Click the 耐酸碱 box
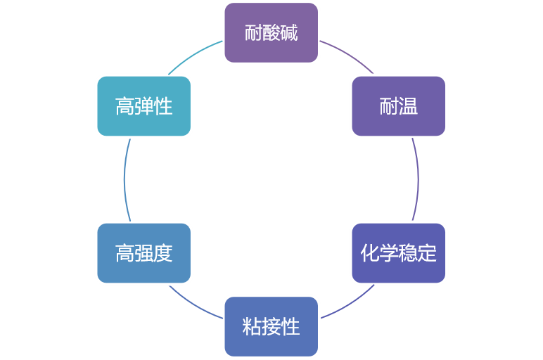click(x=271, y=33)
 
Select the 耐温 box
click(x=399, y=106)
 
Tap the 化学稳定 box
click(x=399, y=253)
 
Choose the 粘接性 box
click(x=271, y=326)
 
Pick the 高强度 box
click(x=144, y=253)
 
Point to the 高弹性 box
click(x=144, y=106)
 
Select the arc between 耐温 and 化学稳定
click(x=419, y=179)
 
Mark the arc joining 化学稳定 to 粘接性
click(x=348, y=303)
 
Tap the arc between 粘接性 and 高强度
click(x=195, y=303)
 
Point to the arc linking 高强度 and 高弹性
click(x=124, y=179)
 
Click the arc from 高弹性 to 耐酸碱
click(x=195, y=56)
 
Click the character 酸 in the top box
click(x=271, y=33)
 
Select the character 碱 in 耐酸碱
click(x=289, y=33)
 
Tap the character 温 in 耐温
click(x=409, y=106)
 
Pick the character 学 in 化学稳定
click(x=389, y=253)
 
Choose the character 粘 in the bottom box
click(x=253, y=326)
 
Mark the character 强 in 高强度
click(x=144, y=253)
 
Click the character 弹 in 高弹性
click(x=144, y=106)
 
